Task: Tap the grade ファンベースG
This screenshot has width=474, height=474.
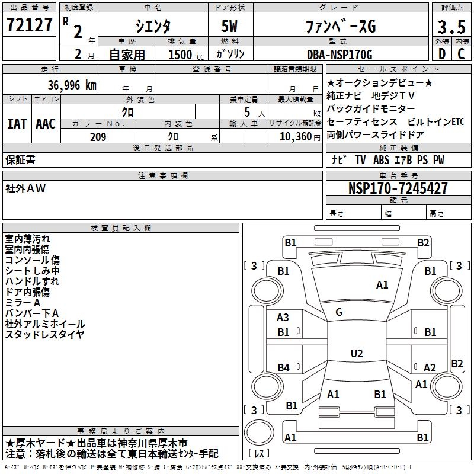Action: click(x=340, y=26)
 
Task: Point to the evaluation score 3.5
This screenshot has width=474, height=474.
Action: click(x=451, y=27)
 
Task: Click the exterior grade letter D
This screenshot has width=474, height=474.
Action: click(x=442, y=53)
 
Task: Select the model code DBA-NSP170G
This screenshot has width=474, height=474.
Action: click(x=340, y=55)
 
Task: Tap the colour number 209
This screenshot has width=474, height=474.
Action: click(x=98, y=137)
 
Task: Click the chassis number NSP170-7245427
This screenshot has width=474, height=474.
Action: click(x=398, y=188)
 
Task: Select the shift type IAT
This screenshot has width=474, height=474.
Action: click(x=17, y=124)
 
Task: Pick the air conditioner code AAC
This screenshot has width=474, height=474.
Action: click(x=45, y=124)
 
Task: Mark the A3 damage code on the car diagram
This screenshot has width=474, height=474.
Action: click(x=283, y=318)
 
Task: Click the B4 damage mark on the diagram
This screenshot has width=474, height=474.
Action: click(x=283, y=368)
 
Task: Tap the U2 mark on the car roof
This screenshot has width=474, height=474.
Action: click(x=356, y=354)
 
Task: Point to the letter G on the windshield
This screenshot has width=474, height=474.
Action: click(x=339, y=312)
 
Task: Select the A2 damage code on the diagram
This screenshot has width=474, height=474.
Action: click(x=430, y=367)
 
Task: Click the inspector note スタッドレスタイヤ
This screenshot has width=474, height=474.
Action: click(x=45, y=335)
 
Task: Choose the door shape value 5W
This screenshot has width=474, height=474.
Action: click(x=230, y=26)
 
